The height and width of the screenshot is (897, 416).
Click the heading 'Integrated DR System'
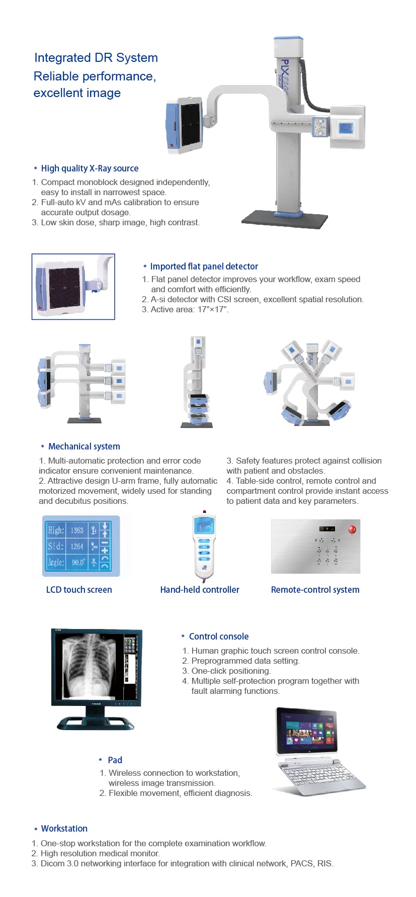click(x=96, y=58)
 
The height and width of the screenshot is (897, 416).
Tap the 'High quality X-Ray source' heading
click(x=90, y=168)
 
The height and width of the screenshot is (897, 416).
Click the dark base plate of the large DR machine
click(x=285, y=219)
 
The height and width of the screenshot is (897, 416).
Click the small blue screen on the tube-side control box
click(x=346, y=128)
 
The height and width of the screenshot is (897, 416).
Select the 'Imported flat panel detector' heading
click(x=204, y=266)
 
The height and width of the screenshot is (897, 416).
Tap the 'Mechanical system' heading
click(x=84, y=446)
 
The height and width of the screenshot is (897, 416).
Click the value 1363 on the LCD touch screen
click(x=77, y=530)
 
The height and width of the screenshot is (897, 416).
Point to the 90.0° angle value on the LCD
click(x=78, y=562)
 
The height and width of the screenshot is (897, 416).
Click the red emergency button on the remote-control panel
click(x=352, y=529)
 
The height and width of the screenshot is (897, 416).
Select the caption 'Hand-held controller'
click(x=200, y=590)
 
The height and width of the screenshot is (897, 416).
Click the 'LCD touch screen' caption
click(x=79, y=590)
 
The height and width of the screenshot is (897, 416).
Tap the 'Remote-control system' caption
click(x=315, y=590)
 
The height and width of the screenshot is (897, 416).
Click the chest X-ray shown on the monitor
click(x=89, y=666)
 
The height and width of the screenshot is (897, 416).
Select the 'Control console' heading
click(x=218, y=637)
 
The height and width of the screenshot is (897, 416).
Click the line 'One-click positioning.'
click(x=231, y=671)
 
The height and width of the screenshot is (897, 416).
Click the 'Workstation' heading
click(x=64, y=829)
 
